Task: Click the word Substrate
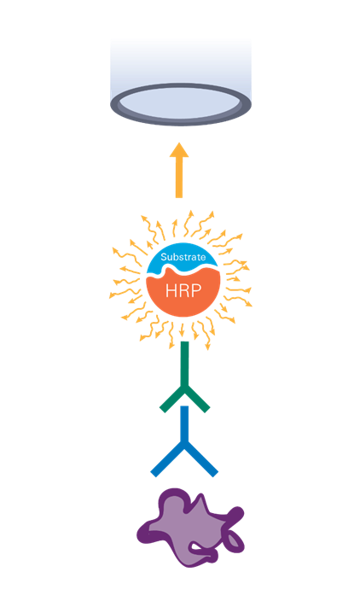point(183,257)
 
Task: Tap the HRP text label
point(183,290)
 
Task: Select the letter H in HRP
point(171,290)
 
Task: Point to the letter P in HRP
point(196,290)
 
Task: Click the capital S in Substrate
point(164,257)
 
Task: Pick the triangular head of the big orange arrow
point(179,149)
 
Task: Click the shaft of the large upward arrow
point(179,178)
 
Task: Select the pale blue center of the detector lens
point(181,104)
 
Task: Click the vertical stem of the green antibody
point(185,366)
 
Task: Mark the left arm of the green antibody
point(172,401)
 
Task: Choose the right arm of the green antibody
point(198,401)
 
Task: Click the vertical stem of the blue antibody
point(184,426)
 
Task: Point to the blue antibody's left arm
point(167,461)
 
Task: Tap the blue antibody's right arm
point(201,461)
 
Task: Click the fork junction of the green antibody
point(185,392)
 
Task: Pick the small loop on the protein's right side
point(235,540)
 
